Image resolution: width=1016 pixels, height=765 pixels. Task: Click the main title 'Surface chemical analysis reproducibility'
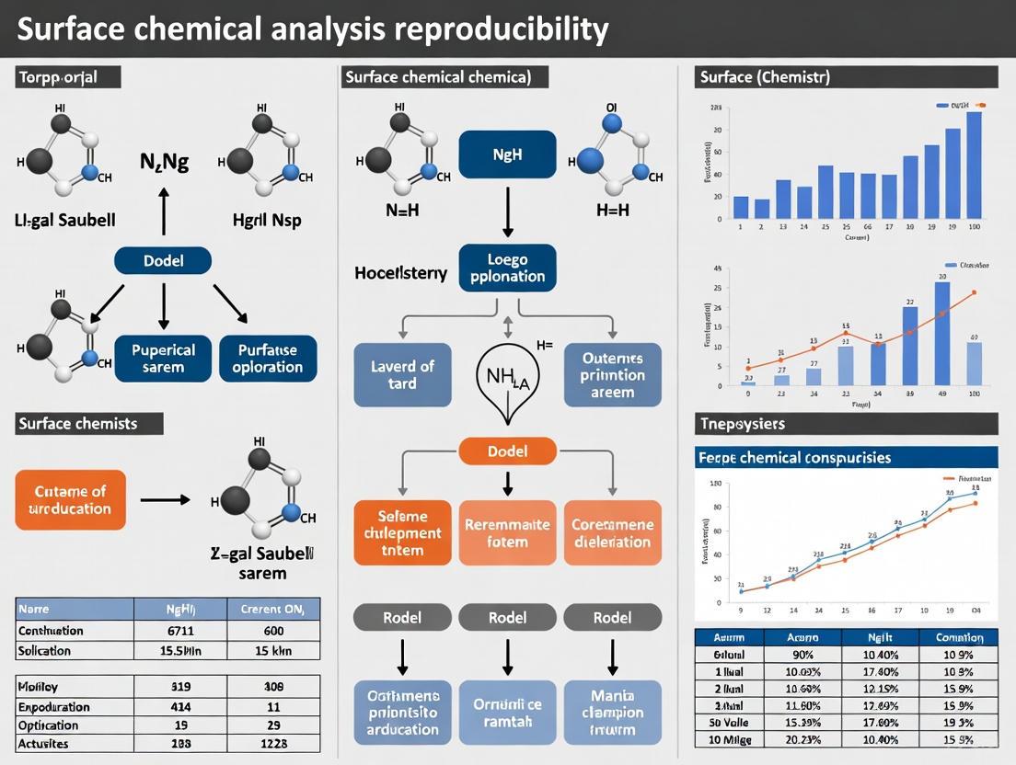click(x=313, y=29)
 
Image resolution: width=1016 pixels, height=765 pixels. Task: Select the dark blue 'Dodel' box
click(x=163, y=261)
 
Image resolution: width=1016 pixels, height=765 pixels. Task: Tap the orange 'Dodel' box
click(x=507, y=451)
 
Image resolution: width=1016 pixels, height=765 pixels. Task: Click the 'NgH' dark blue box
click(x=507, y=154)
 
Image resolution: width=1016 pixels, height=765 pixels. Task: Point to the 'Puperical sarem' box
click(x=163, y=359)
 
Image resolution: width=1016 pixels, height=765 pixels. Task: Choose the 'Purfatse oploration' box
click(x=268, y=359)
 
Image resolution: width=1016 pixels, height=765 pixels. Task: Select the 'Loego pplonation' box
click(x=507, y=268)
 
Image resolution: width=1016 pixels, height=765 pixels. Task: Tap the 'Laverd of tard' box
click(x=402, y=374)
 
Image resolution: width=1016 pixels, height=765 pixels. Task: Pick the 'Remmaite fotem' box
click(x=507, y=532)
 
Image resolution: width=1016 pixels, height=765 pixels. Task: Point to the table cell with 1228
click(x=274, y=743)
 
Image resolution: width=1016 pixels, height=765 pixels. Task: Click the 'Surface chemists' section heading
click(x=78, y=424)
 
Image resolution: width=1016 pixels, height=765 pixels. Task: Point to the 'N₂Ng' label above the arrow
click(x=164, y=163)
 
